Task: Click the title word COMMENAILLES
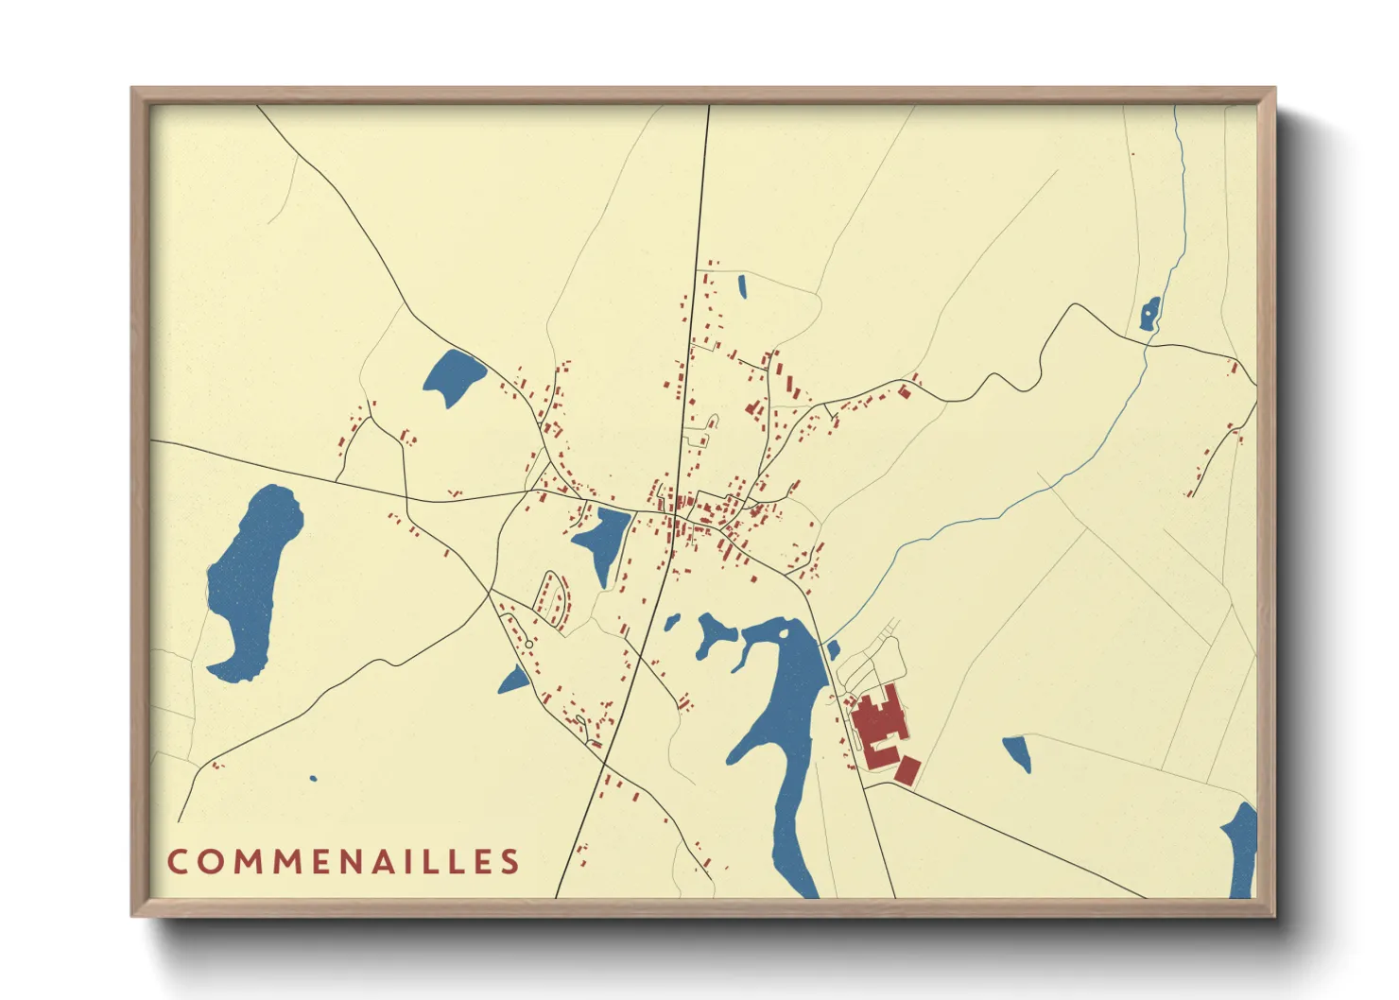(344, 861)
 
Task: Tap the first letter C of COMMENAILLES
(177, 861)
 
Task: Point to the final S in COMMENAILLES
(511, 861)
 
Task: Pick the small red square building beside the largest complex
(907, 770)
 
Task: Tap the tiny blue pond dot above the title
(313, 779)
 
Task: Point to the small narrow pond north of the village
(742, 285)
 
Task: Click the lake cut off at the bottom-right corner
(1241, 851)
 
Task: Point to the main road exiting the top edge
(707, 142)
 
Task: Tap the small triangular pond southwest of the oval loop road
(514, 680)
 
